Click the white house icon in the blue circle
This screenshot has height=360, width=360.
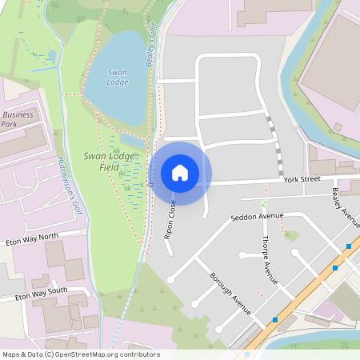pos(180,173)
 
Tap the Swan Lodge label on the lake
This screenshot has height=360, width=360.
pos(118,78)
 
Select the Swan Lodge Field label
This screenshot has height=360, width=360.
pos(109,161)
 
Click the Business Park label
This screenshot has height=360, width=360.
pos(18,119)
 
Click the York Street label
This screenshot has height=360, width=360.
pos(301,180)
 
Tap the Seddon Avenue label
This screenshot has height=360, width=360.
pos(258,217)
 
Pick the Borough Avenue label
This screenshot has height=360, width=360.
pos(230,294)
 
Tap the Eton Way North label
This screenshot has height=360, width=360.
pos(33,238)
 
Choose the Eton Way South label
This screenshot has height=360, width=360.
pos(33,294)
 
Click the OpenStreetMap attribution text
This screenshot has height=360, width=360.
pos(80,354)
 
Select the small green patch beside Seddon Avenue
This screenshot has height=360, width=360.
pos(291,236)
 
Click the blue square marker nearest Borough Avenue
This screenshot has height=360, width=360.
pos(274,320)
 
